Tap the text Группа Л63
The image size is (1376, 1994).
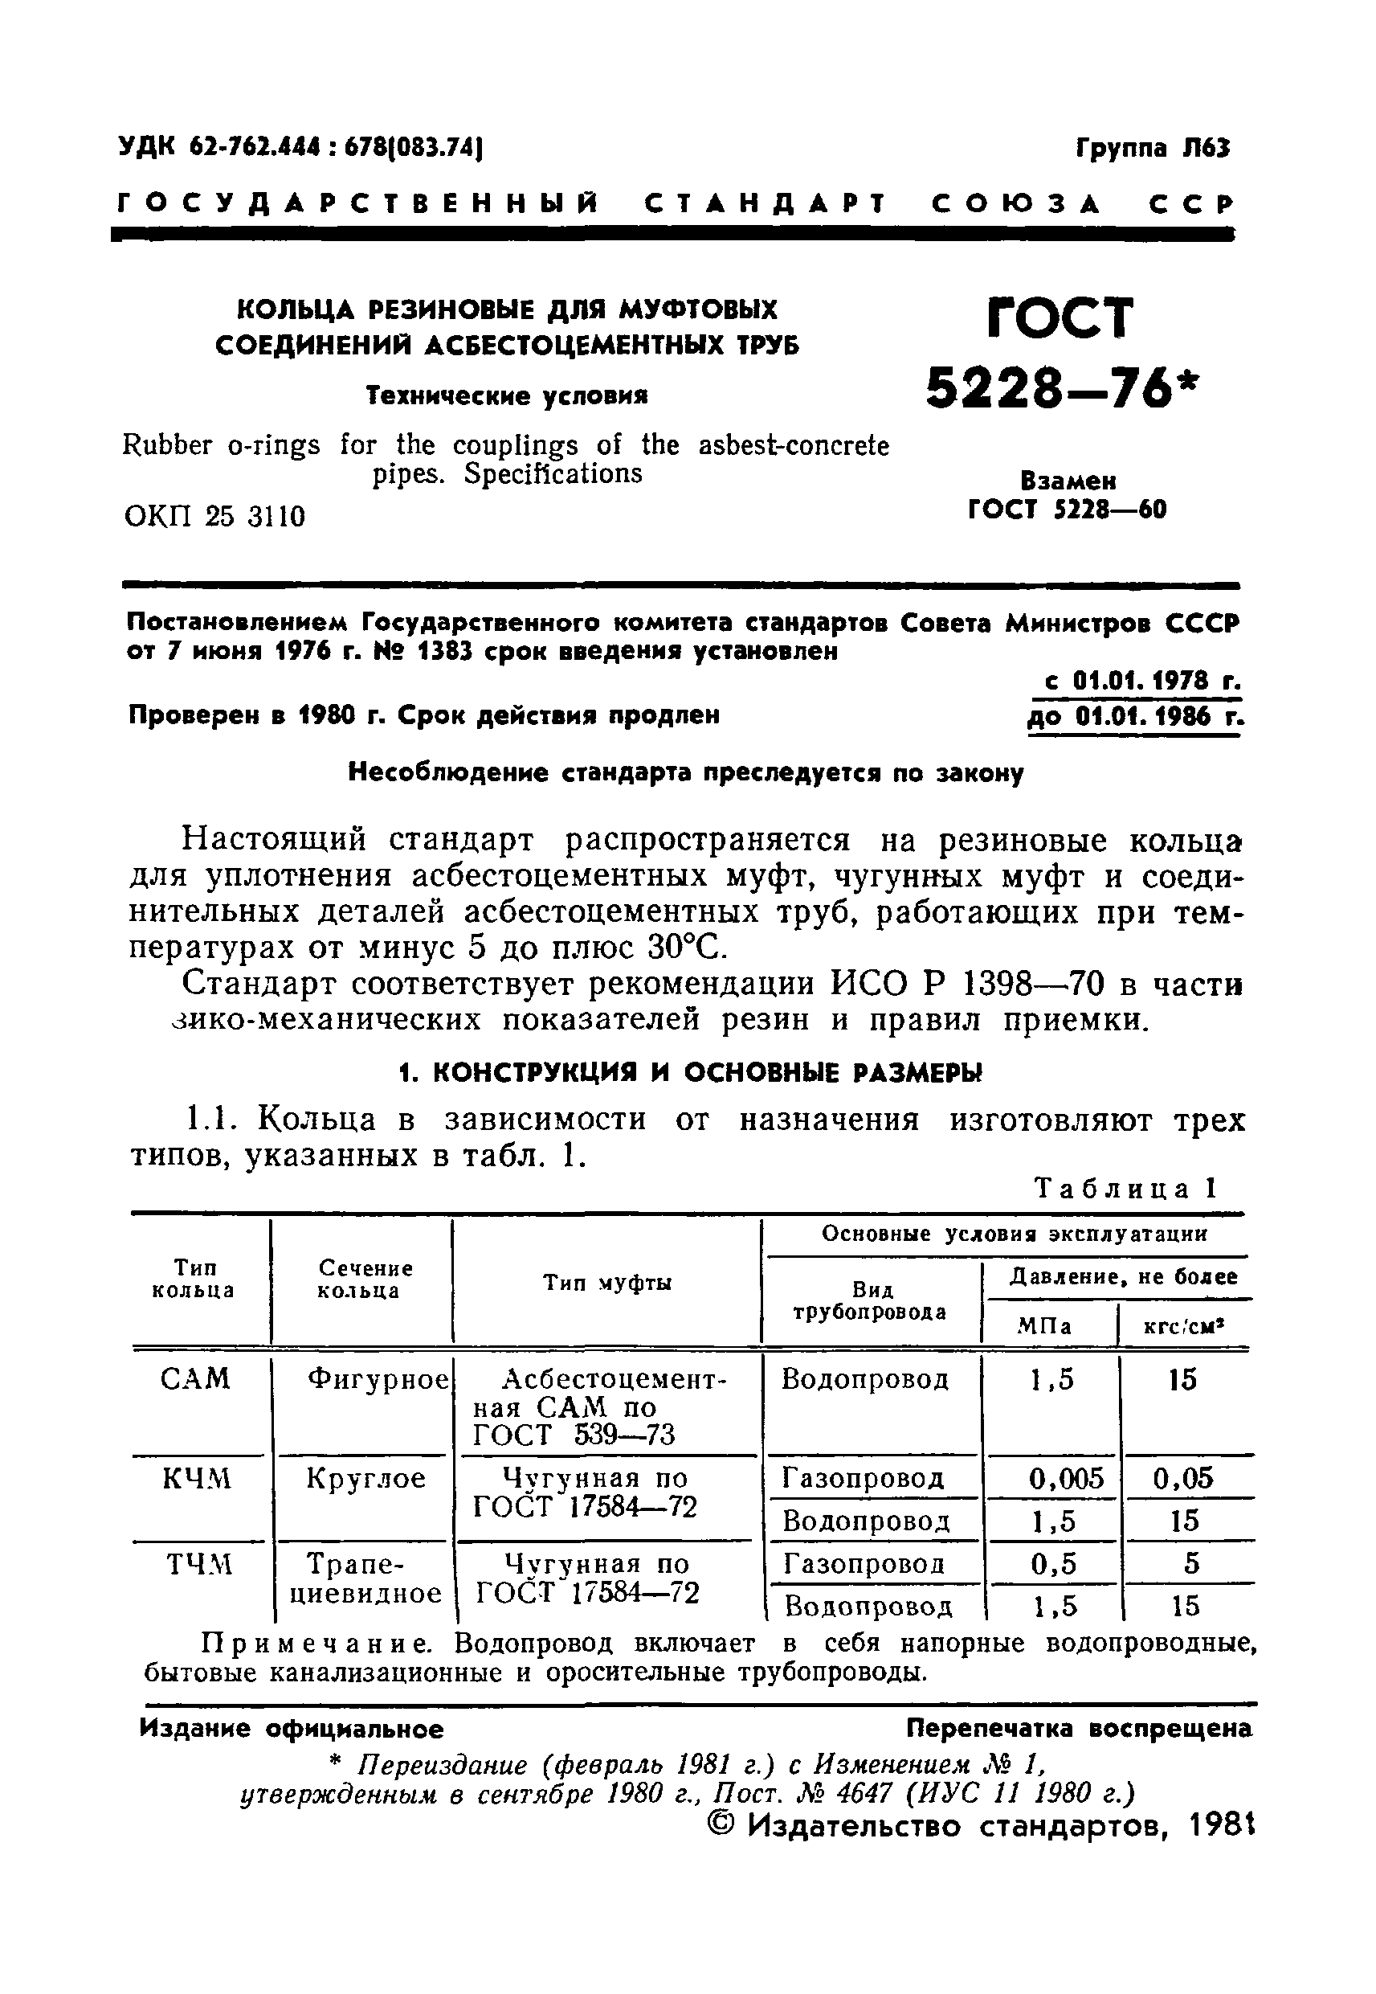(x=1153, y=149)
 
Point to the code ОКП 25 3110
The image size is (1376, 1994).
(x=214, y=517)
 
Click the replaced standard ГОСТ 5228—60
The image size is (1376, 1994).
(x=1068, y=510)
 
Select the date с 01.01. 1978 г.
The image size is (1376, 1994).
(x=1141, y=682)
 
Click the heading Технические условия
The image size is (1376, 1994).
(x=507, y=396)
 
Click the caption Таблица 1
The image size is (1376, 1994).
(x=1125, y=1189)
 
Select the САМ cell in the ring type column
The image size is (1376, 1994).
(x=196, y=1379)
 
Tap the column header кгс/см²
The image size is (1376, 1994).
(x=1184, y=1326)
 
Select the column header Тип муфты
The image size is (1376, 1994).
(x=607, y=1284)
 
